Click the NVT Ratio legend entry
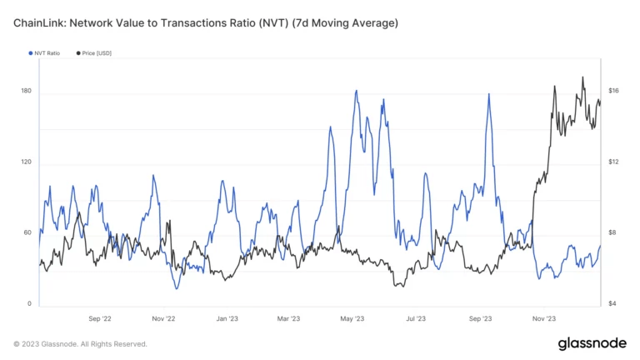(46, 53)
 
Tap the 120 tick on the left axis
(27, 162)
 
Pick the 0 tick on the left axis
(29, 304)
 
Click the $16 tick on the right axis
(613, 91)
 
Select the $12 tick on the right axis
(613, 162)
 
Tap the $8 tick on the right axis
(613, 232)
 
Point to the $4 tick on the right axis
(613, 304)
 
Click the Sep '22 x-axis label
(100, 318)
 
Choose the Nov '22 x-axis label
(163, 318)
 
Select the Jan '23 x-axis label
(227, 318)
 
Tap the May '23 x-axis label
(352, 318)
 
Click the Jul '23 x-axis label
(416, 318)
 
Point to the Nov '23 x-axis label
(543, 318)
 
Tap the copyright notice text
(80, 343)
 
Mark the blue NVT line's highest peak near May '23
(357, 91)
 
